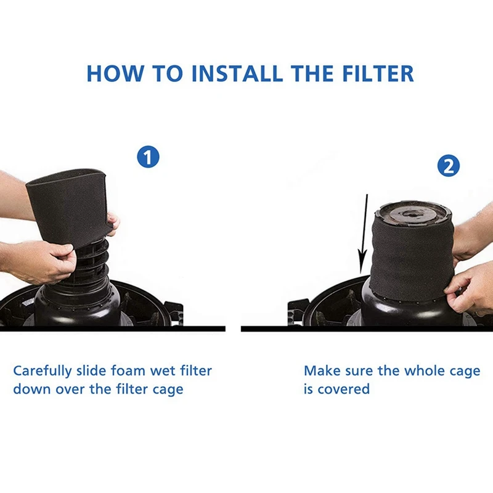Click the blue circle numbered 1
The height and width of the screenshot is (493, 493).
148,157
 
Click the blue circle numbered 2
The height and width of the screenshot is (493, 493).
448,166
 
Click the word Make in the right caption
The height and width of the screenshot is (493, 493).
319,371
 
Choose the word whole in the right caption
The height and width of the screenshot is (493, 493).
425,371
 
